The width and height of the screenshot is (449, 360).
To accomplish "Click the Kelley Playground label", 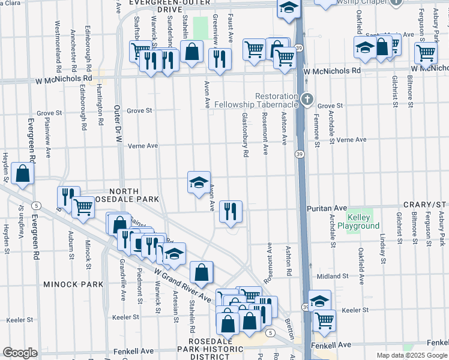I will tap(363, 221).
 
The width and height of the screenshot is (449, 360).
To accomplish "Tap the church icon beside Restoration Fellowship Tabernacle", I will tap(307, 98).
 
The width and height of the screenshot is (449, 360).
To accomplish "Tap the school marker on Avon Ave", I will tap(199, 182).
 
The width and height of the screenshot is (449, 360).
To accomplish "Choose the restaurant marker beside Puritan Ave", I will tap(231, 211).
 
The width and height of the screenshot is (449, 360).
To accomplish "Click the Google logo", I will tap(20, 353).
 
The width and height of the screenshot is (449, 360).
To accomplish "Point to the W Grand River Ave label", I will tap(182, 285).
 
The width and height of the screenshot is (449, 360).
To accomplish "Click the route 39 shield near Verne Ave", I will tap(298, 154).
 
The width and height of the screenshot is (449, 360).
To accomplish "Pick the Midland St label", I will tap(333, 275).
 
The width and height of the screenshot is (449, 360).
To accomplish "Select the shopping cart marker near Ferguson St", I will tap(426, 52).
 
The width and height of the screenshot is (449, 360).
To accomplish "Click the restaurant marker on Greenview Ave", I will tap(219, 58).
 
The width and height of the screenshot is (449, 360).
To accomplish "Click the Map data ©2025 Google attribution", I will tap(412, 355).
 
